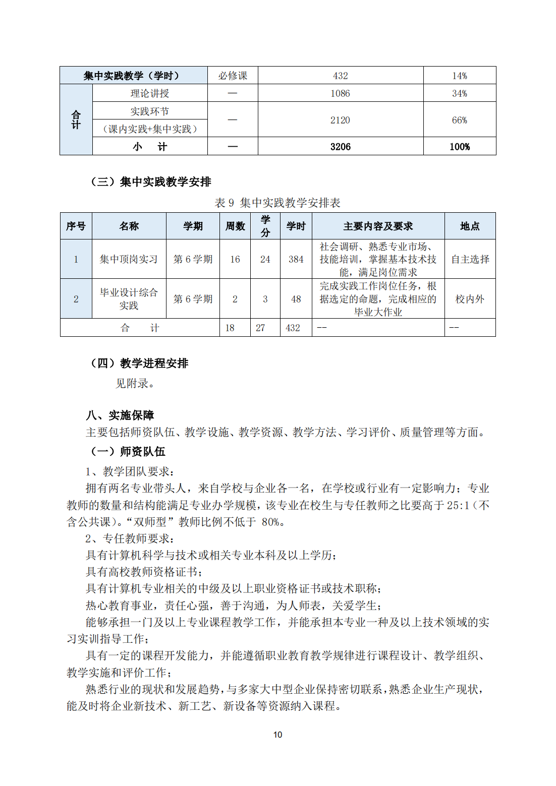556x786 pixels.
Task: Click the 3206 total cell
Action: [341, 147]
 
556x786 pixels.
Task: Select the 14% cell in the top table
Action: [459, 76]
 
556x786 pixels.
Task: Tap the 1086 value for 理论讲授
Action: [341, 93]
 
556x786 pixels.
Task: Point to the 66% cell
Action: [459, 120]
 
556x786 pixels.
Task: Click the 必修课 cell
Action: [233, 76]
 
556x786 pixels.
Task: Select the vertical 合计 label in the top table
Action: [76, 120]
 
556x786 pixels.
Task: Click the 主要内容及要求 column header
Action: [378, 226]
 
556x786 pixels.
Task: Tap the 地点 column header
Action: [470, 226]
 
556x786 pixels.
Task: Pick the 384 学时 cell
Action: [296, 259]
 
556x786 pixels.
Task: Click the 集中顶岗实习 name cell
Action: [129, 259]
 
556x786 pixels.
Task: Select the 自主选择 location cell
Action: [470, 259]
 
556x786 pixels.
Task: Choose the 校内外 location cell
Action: [470, 299]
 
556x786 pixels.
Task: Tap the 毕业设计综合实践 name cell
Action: [129, 299]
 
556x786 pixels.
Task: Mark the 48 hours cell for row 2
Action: [296, 299]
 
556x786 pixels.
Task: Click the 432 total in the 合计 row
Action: [293, 328]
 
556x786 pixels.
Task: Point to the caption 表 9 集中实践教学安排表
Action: [277, 203]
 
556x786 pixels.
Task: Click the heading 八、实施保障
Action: [120, 415]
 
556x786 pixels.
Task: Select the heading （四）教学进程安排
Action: [139, 363]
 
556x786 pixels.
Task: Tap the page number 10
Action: [277, 735]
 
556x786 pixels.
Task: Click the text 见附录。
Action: [135, 383]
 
